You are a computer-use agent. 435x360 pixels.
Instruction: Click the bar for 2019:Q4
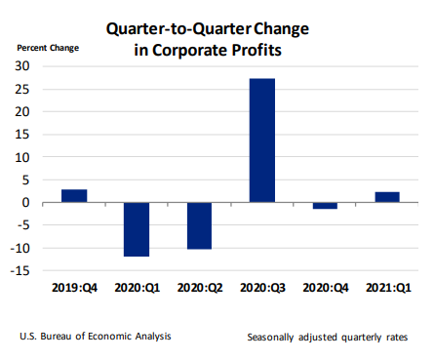(x=74, y=196)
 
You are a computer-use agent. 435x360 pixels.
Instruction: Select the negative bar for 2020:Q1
(x=137, y=229)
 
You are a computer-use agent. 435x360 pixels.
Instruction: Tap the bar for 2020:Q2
(x=199, y=225)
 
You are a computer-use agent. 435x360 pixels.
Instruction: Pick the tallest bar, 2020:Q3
(x=261, y=140)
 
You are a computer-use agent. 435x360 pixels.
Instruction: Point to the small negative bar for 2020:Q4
(x=324, y=206)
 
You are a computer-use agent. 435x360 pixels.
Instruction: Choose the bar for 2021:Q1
(x=386, y=197)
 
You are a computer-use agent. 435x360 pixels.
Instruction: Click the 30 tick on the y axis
(x=21, y=65)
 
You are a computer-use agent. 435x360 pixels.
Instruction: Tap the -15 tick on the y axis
(x=20, y=271)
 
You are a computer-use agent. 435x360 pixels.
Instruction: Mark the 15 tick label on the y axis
(x=21, y=134)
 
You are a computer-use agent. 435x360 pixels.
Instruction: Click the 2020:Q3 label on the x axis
(x=261, y=288)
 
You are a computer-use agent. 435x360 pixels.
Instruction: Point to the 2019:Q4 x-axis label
(x=74, y=288)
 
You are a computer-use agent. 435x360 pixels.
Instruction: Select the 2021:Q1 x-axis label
(x=386, y=288)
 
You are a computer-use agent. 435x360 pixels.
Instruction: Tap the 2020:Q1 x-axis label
(x=137, y=288)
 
